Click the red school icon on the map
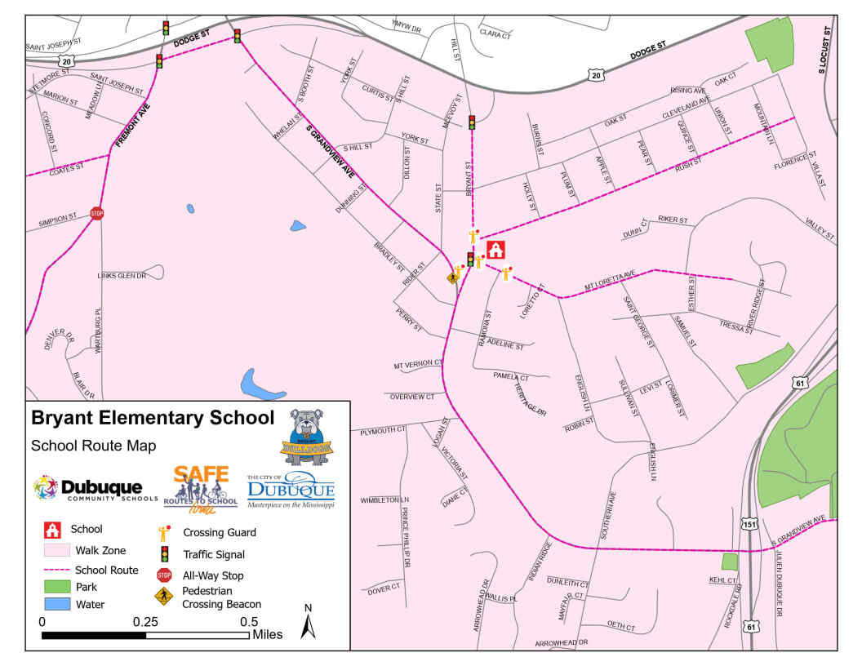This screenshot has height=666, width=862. point(495,250)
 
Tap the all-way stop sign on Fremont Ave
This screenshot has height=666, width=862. point(97,214)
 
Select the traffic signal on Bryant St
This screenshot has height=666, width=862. point(472,122)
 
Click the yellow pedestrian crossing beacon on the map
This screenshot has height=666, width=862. point(453,277)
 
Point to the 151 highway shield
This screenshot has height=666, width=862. point(749,524)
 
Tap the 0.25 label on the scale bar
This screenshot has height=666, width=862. point(146,621)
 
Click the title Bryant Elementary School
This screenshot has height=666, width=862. point(153,419)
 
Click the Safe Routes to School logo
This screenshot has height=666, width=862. point(195,491)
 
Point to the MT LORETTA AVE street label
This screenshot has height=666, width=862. point(610,280)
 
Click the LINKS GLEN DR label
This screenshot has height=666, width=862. point(121,276)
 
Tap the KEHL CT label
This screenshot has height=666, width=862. point(722,580)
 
